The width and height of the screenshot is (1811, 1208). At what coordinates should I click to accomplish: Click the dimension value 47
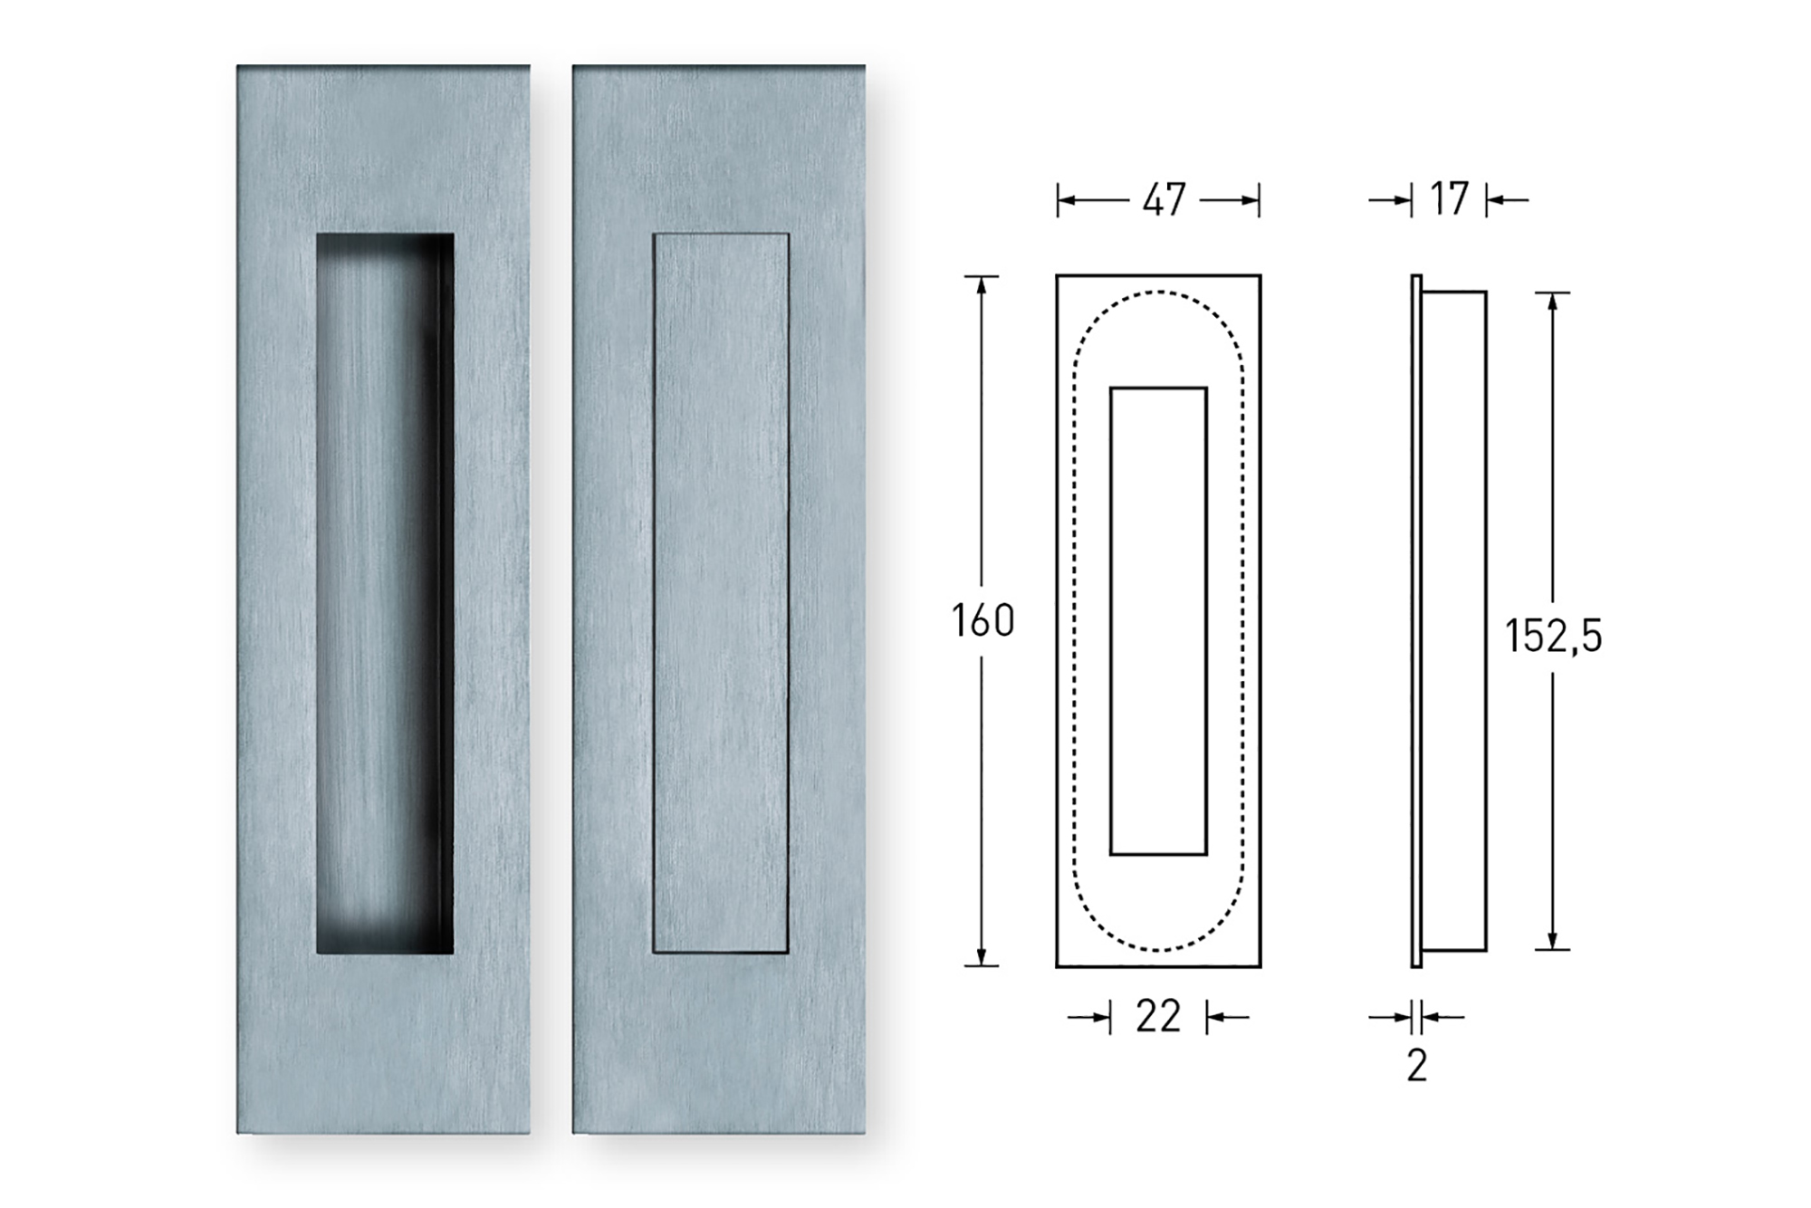[x=1164, y=200]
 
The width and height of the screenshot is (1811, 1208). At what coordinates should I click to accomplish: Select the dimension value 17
[x=1449, y=200]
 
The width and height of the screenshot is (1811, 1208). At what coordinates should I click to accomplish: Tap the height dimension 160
[x=982, y=621]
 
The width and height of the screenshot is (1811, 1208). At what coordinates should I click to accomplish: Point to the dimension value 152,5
[x=1554, y=636]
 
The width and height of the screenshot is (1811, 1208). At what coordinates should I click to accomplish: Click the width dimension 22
[x=1158, y=1018]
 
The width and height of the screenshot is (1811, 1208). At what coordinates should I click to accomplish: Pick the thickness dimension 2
[x=1417, y=1066]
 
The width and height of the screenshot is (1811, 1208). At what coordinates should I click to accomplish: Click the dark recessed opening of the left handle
[x=385, y=593]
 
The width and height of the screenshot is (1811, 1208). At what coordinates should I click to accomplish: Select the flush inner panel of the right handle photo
[x=721, y=593]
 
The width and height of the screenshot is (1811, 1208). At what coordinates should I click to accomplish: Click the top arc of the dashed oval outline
[x=1158, y=292]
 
